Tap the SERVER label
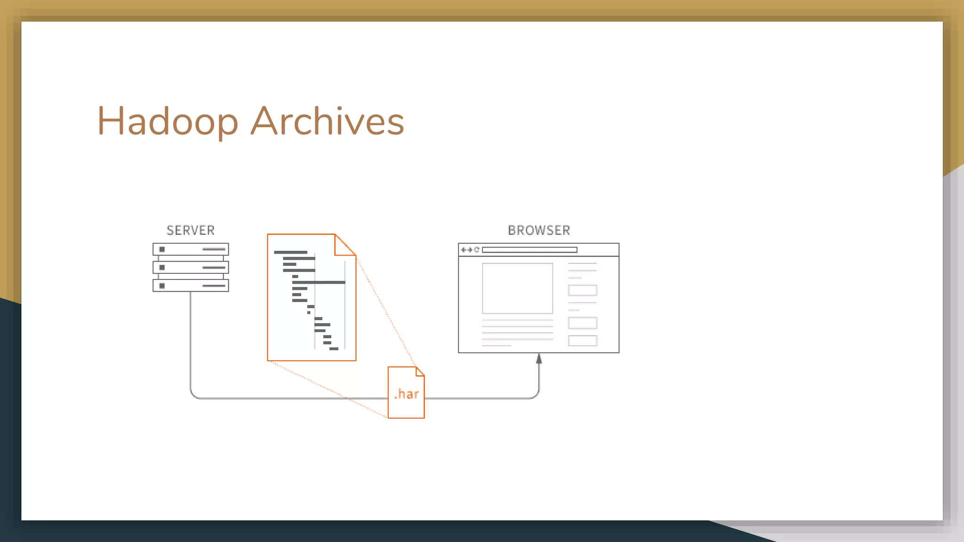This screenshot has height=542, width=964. [191, 231]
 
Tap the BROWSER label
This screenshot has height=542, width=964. [539, 231]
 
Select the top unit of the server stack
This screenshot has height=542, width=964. [191, 249]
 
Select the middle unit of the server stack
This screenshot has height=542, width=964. [191, 267]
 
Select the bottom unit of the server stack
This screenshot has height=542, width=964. [191, 286]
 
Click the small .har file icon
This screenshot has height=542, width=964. [406, 393]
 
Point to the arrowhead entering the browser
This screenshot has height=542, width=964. [539, 359]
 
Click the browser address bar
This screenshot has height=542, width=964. [530, 250]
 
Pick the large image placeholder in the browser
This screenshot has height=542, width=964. [517, 288]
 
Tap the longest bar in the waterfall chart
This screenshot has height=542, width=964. [319, 282]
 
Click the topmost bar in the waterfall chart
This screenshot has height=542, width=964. [290, 253]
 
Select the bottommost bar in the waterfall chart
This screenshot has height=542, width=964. [334, 349]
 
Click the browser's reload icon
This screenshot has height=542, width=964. [476, 250]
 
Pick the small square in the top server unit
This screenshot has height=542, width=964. [162, 249]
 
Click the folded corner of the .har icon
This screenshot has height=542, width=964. [420, 372]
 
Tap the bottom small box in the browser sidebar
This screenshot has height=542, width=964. [582, 341]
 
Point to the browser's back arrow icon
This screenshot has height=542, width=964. [464, 250]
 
